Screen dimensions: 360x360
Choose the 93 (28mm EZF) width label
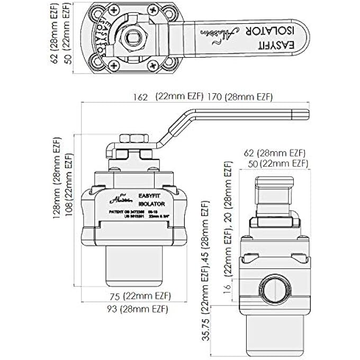tap(133, 309)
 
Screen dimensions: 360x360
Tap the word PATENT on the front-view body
tap(116, 212)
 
